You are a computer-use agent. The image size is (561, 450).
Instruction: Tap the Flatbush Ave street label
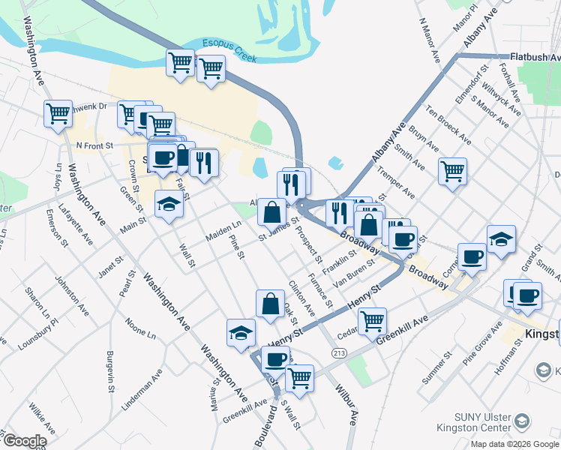pos(535,56)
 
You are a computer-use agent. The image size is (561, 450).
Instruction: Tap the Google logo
pos(24,441)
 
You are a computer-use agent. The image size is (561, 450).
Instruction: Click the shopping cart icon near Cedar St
pos(372,320)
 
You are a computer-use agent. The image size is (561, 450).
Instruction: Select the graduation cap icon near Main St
pos(169,203)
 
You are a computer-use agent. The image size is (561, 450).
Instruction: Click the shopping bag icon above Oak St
pos(270,303)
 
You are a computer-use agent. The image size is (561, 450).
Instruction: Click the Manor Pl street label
pos(466,17)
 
